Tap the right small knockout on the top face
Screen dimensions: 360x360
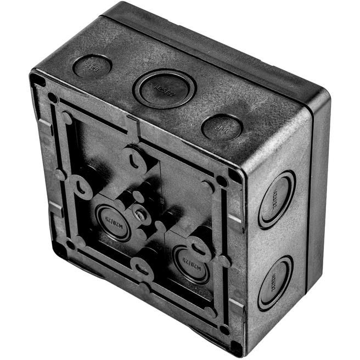[222, 127]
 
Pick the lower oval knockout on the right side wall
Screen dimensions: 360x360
[275, 282]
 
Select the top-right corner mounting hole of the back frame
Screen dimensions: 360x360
[221, 180]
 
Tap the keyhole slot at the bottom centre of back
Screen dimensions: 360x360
[143, 268]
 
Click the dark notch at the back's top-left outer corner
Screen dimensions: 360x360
[37, 80]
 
